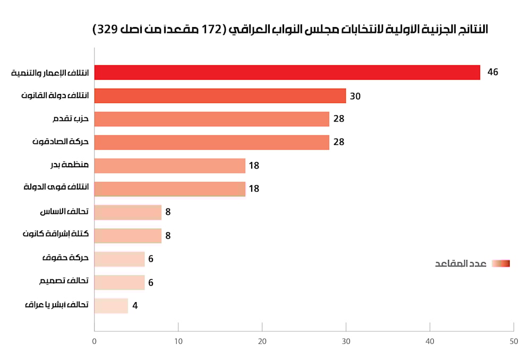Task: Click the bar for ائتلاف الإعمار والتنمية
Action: [x=287, y=72]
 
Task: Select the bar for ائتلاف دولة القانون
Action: [x=220, y=96]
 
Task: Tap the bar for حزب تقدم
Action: [x=211, y=119]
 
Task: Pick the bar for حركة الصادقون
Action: [x=211, y=142]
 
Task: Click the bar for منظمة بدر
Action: [x=170, y=166]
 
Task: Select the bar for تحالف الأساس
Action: [x=127, y=212]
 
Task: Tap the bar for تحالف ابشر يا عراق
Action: [x=111, y=306]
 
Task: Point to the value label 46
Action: [x=493, y=72]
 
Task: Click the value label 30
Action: [x=355, y=96]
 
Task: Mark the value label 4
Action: [x=135, y=306]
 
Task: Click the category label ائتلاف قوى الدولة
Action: [x=56, y=187]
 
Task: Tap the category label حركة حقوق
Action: [x=65, y=258]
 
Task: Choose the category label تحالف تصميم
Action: [x=64, y=281]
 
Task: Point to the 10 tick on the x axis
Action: [x=178, y=341]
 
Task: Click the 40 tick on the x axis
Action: [x=430, y=341]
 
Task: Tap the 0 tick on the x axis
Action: [x=95, y=341]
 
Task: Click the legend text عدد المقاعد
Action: [x=461, y=264]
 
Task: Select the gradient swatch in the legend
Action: [x=501, y=263]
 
